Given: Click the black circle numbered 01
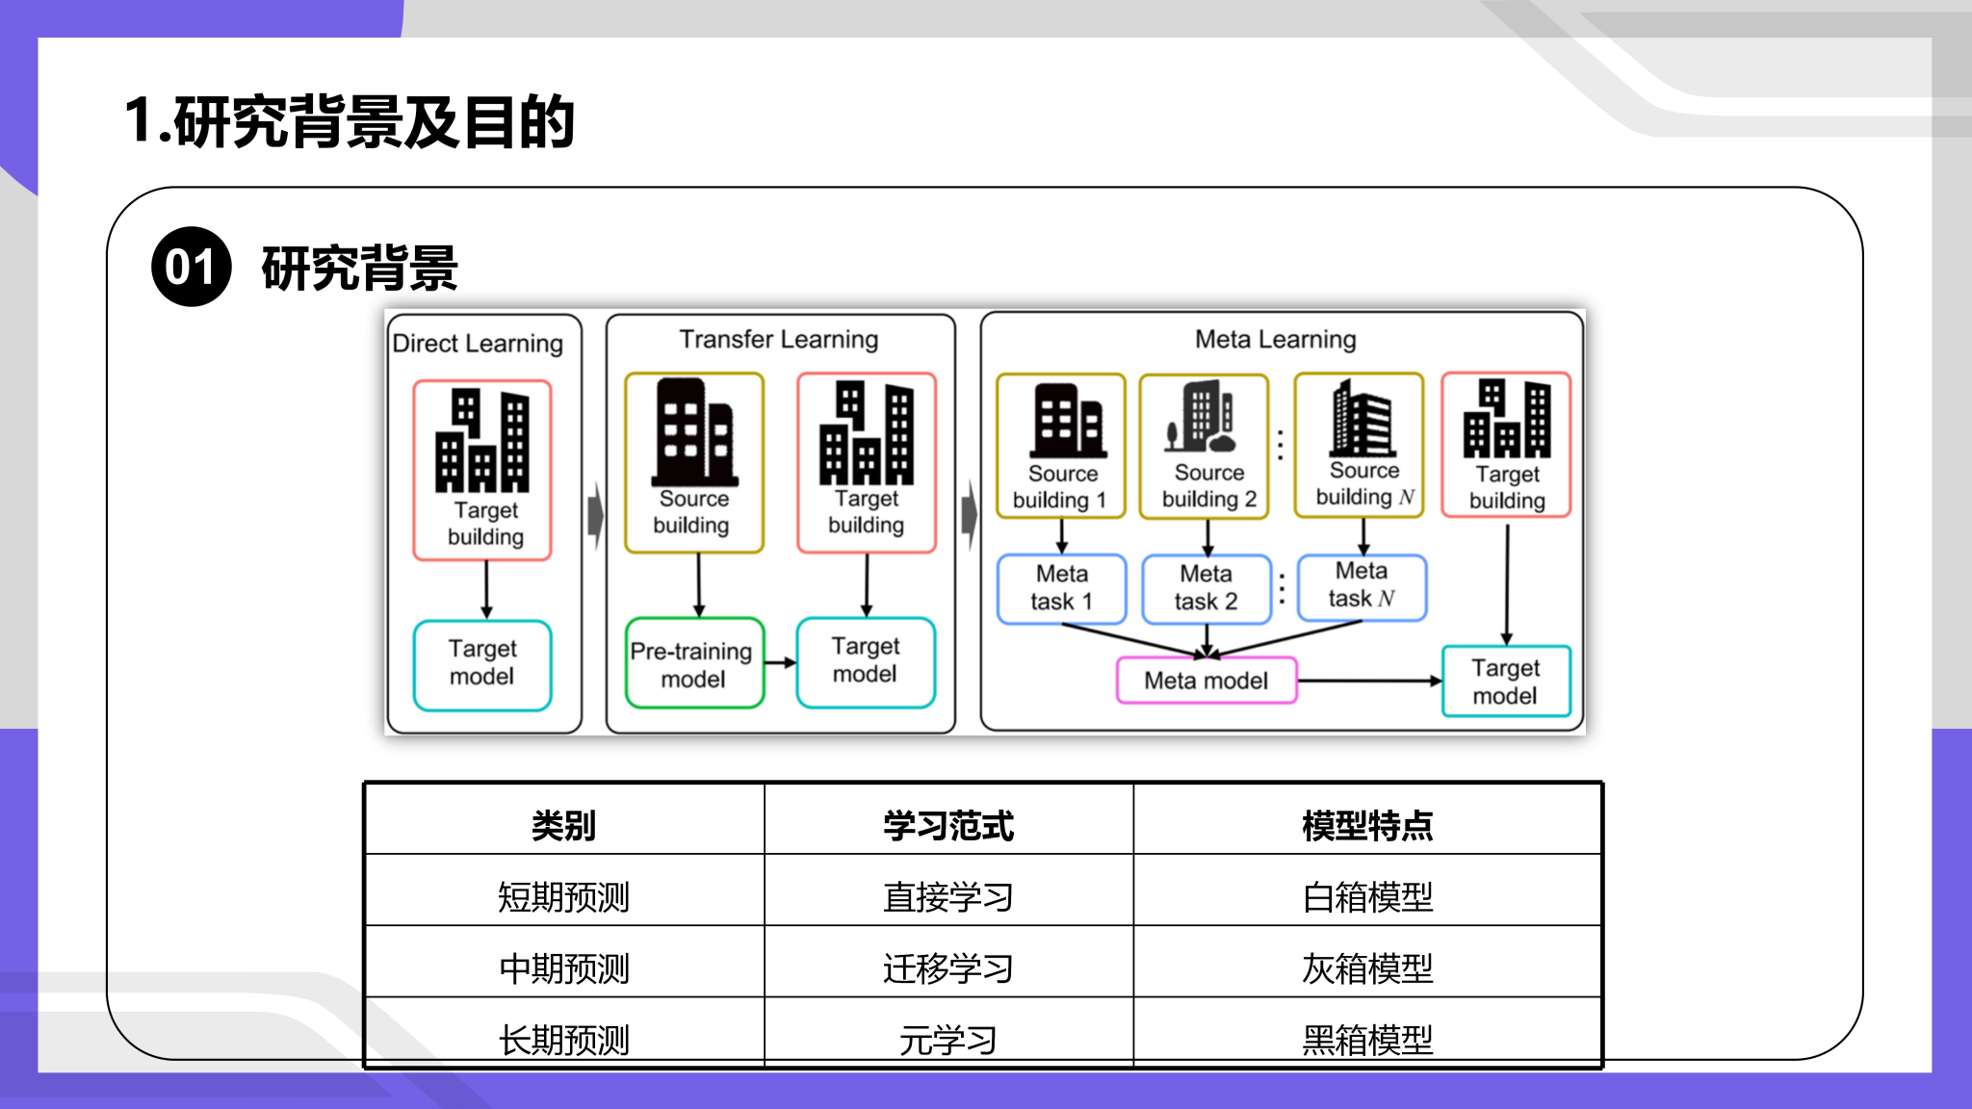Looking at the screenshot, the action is [192, 267].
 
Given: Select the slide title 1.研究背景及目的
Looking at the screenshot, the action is [350, 122].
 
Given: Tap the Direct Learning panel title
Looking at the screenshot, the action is [478, 343].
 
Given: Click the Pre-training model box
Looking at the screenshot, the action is [694, 664].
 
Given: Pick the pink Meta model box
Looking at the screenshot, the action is [1207, 681].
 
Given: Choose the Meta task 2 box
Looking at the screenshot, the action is [1206, 587].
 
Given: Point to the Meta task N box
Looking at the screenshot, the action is [1362, 585].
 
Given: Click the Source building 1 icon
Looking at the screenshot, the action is [1068, 420].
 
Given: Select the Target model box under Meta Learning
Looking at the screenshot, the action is [1506, 682].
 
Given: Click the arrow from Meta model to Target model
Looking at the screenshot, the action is [1370, 681].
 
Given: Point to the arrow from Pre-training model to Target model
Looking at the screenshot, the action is [781, 662].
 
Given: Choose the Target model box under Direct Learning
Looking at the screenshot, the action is [482, 665].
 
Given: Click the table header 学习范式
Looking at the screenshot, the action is [948, 825].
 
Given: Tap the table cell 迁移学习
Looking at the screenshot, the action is [948, 967].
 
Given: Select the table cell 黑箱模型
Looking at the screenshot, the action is [1367, 1040].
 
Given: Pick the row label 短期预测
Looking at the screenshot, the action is [564, 896].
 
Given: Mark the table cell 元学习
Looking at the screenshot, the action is [948, 1040].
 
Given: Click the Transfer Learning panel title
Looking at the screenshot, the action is [779, 339].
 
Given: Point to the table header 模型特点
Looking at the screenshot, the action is [1367, 825].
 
